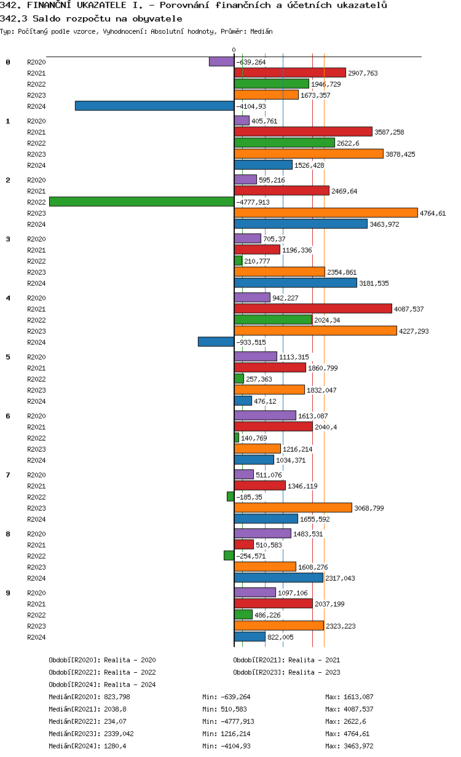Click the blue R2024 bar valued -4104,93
coord(154,106)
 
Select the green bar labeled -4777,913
coord(141,202)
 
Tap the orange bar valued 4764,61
coord(326,213)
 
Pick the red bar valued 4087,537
coord(313,308)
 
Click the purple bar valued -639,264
coord(221,61)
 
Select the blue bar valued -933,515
coord(216,342)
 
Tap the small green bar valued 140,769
coord(237,437)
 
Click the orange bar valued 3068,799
coord(293,508)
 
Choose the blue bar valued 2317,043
coord(278,578)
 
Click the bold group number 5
coord(8,357)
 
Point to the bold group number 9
coord(8,593)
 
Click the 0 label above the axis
coord(234,50)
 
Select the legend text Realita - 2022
coord(130,672)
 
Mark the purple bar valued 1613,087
coord(265,415)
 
